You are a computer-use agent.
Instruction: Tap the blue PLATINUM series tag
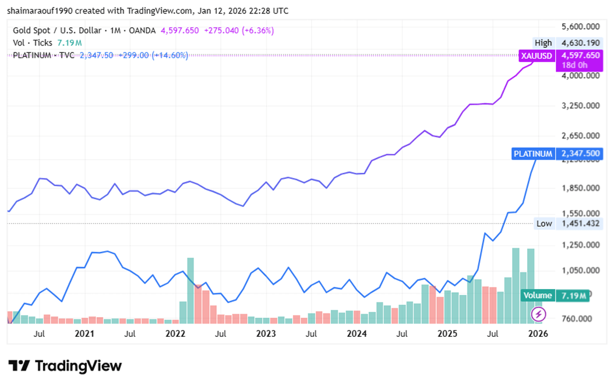tap(532, 154)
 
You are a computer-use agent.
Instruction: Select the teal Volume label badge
tap(537, 295)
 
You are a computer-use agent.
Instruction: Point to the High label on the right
tap(543, 43)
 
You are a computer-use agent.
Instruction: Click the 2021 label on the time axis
tap(84, 334)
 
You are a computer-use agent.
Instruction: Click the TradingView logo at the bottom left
tap(65, 366)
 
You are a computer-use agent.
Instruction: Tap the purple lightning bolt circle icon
tap(538, 315)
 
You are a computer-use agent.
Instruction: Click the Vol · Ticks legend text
tap(33, 43)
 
